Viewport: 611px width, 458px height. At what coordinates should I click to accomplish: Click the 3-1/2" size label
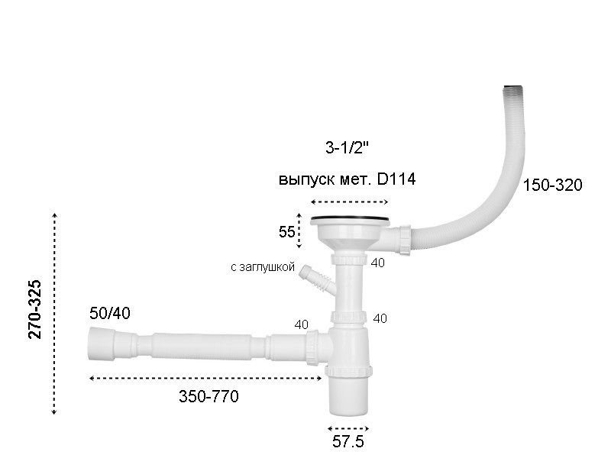coord(347,147)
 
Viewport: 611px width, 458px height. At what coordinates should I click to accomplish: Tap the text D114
coord(396,179)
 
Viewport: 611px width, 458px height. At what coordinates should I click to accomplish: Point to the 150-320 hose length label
coord(552,185)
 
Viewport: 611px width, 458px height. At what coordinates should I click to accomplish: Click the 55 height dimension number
coord(287,232)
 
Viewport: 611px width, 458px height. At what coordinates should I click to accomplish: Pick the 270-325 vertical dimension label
coord(34,310)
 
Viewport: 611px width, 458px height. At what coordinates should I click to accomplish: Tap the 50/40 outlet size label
coord(110,313)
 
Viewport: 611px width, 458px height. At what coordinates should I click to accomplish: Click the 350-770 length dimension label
coord(209,396)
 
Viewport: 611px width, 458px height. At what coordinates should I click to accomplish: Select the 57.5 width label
coord(348,442)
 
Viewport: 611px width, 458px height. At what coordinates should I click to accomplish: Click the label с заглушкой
coord(263,267)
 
